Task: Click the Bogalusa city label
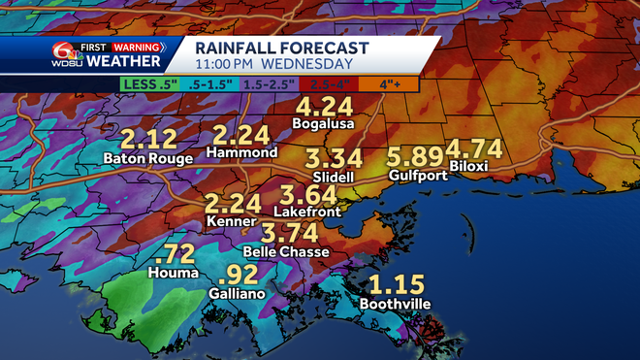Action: [325, 124]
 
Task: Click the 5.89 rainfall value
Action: [414, 157]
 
